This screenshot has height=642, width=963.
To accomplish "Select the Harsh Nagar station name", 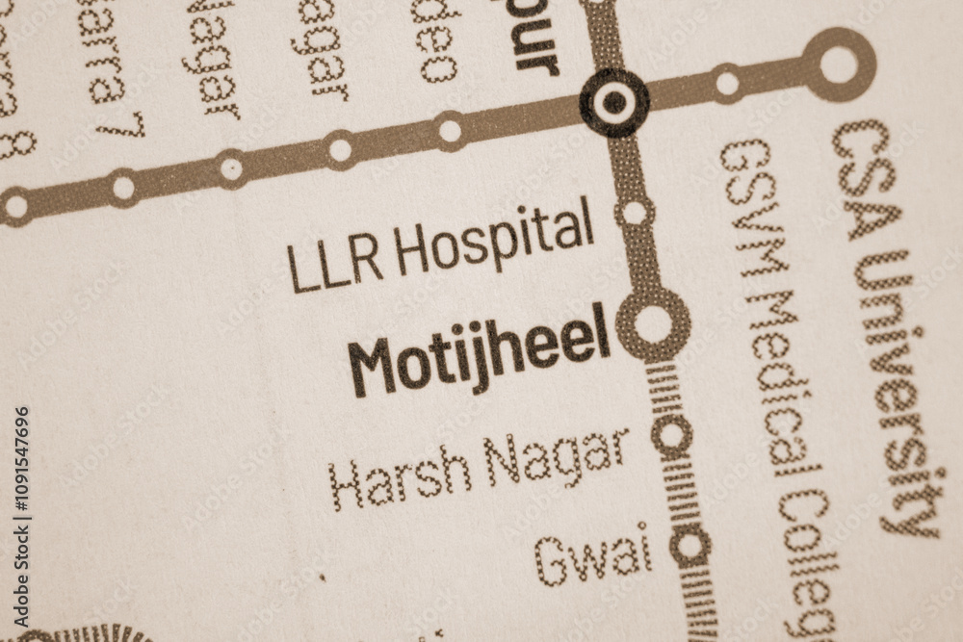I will [479, 468].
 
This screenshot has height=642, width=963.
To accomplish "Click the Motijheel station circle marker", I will [653, 324].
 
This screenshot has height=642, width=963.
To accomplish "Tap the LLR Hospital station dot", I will [635, 213].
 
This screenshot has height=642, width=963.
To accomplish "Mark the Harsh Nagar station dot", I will [671, 435].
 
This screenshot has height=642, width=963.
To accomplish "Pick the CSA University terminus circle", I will [838, 64].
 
